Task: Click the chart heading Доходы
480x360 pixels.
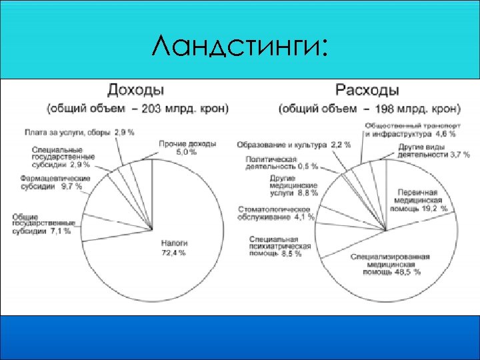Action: [x=137, y=89]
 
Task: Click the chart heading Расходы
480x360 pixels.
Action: [x=367, y=89]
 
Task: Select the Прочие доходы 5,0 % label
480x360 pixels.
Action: [x=178, y=147]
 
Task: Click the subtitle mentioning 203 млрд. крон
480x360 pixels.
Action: [x=137, y=108]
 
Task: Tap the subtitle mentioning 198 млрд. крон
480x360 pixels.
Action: [x=369, y=108]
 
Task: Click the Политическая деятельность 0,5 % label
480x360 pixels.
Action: [x=281, y=163]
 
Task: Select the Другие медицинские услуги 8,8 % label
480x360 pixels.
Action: [x=293, y=186]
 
